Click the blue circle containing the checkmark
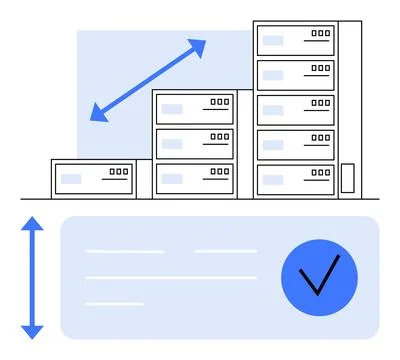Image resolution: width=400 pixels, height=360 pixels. pos(319,277)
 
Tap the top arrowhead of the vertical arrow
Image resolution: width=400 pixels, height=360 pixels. pos(33,224)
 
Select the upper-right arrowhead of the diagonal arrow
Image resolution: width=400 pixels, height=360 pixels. pos(198,47)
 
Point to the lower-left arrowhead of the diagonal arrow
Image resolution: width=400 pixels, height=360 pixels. pos(98,113)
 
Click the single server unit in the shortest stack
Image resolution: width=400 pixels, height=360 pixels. pos(94,178)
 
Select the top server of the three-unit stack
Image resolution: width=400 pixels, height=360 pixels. pos(195,108)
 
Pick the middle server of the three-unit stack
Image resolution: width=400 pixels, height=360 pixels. pos(195,142)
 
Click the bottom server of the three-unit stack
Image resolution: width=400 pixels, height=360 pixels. pos(195,177)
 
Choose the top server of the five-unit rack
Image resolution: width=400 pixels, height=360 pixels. pos(295,40)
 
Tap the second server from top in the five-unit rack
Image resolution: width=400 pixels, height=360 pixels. pos(295,75)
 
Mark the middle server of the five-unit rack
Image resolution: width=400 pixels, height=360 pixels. pos(295,110)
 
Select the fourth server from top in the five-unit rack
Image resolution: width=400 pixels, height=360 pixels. pos(295,144)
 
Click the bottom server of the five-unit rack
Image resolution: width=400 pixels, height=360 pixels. pos(295,179)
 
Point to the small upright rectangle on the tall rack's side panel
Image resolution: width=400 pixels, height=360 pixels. pos(347,178)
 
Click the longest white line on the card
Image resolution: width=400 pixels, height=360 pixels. pos(171,277)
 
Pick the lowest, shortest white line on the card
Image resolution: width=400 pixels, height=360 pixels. pos(114,303)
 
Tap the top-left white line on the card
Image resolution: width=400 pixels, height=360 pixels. pos(124,251)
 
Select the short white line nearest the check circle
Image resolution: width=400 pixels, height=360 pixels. pos(225,251)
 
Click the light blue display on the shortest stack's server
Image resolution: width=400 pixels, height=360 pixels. pos(71,179)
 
